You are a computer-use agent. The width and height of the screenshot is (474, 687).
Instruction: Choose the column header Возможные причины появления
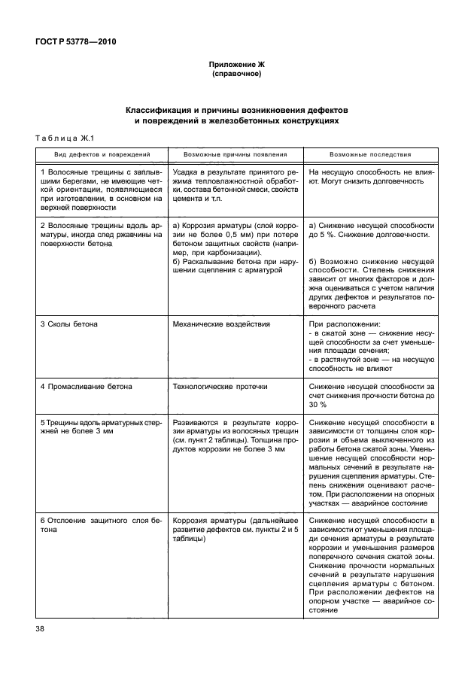pos(235,154)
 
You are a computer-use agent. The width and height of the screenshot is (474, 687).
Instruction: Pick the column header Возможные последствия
pos(370,154)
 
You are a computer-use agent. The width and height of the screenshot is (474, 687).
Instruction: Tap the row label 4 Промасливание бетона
pos(86,387)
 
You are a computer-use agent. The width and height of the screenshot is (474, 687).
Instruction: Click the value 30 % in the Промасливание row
pos(318,405)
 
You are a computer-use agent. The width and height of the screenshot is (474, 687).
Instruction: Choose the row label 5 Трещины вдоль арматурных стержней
pos(101,427)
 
